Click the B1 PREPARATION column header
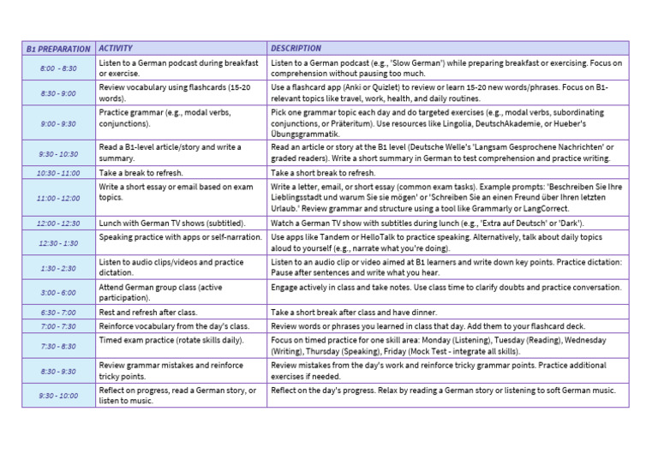[x=58, y=49]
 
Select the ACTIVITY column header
[x=116, y=48]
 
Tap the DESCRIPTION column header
[x=296, y=48]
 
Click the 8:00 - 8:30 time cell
[x=58, y=69]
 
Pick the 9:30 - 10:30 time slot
[x=58, y=154]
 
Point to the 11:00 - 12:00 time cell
[x=58, y=198]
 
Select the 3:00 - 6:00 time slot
[x=58, y=293]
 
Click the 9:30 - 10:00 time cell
[x=58, y=396]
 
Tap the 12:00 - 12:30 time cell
[x=58, y=224]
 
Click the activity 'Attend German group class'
[x=160, y=293]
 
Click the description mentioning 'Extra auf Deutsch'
[x=427, y=223]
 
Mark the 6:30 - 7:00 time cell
[x=58, y=313]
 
